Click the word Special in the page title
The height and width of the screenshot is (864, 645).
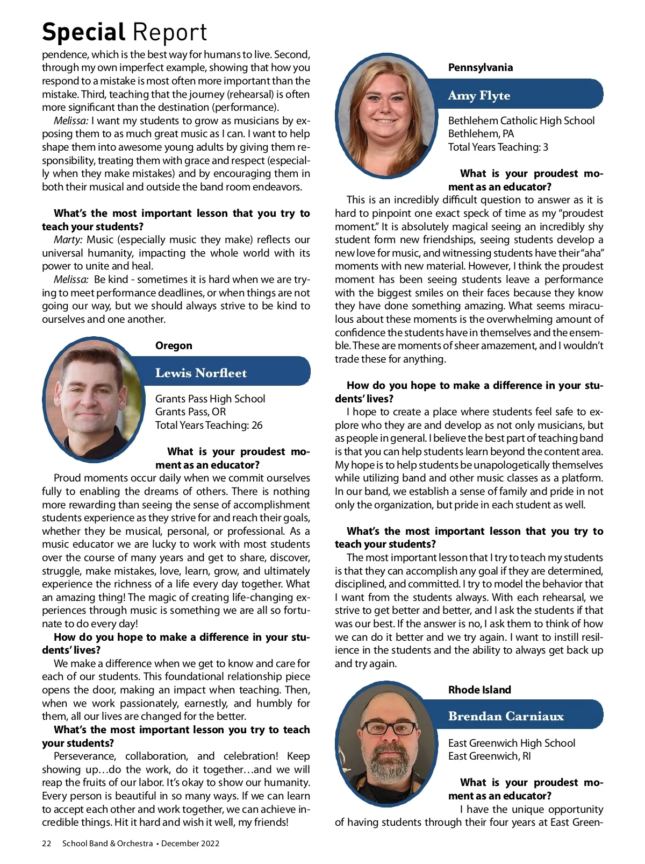pyautogui.click(x=83, y=32)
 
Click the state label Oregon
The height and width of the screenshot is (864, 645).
pyautogui.click(x=174, y=345)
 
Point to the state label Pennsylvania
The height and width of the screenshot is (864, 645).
pyautogui.click(x=480, y=67)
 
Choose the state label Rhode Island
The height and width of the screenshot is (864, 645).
pyautogui.click(x=479, y=690)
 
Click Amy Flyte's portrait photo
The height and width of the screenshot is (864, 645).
pyautogui.click(x=385, y=114)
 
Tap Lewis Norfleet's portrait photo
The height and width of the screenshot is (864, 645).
pyautogui.click(x=92, y=398)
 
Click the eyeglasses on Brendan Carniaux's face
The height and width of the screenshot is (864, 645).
pyautogui.click(x=389, y=729)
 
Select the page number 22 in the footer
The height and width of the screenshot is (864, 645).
pyautogui.click(x=47, y=843)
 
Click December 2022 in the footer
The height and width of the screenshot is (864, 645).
pyautogui.click(x=190, y=843)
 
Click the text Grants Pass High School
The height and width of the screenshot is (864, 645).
pyautogui.click(x=210, y=399)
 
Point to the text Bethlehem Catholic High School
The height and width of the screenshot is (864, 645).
pyautogui.click(x=521, y=121)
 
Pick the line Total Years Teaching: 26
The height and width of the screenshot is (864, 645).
pyautogui.click(x=209, y=425)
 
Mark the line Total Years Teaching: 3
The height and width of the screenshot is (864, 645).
pyautogui.click(x=498, y=147)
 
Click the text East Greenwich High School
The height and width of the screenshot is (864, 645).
pyautogui.click(x=511, y=743)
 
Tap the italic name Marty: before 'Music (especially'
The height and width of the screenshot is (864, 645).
pyautogui.click(x=68, y=239)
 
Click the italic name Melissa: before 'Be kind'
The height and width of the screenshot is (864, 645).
pyautogui.click(x=71, y=279)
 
